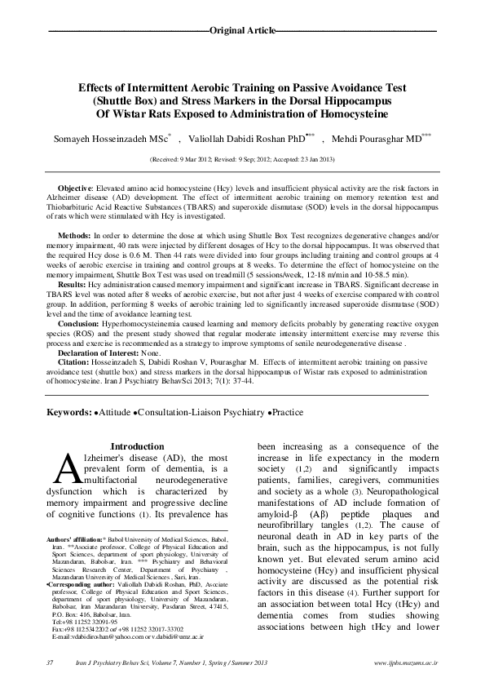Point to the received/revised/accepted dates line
242,160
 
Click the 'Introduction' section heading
136,447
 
